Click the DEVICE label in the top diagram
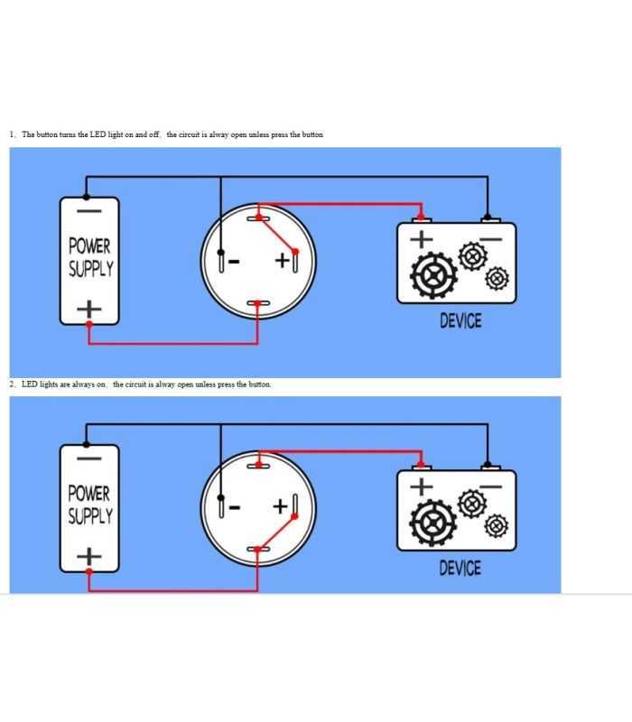coord(460,321)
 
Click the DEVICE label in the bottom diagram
coord(460,569)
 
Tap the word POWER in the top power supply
coord(89,245)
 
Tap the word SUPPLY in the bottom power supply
coord(90,515)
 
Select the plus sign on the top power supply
coord(88,309)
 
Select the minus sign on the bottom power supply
coord(88,458)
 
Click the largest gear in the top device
coord(433,275)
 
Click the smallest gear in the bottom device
coord(497,525)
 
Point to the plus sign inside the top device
coord(422,239)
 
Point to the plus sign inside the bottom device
coord(421,486)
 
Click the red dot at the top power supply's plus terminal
coord(89,324)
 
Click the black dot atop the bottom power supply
coord(87,444)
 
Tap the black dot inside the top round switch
coord(220,253)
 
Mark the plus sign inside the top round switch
coord(282,261)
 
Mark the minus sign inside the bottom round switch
coord(234,507)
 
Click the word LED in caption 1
coord(98,134)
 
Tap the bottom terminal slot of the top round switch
coord(258,303)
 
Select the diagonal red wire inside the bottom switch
coord(276,532)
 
